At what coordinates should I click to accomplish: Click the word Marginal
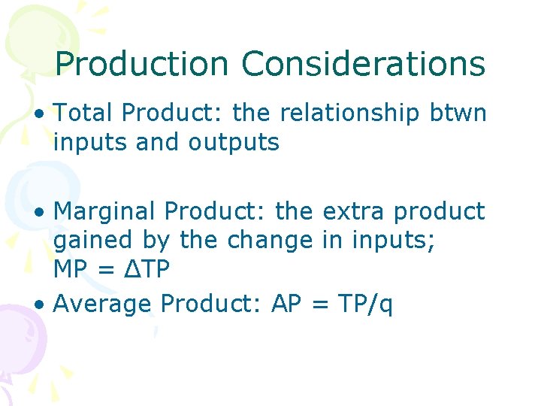(x=105, y=212)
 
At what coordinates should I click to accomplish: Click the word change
(x=270, y=241)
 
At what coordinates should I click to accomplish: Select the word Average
(x=104, y=304)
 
